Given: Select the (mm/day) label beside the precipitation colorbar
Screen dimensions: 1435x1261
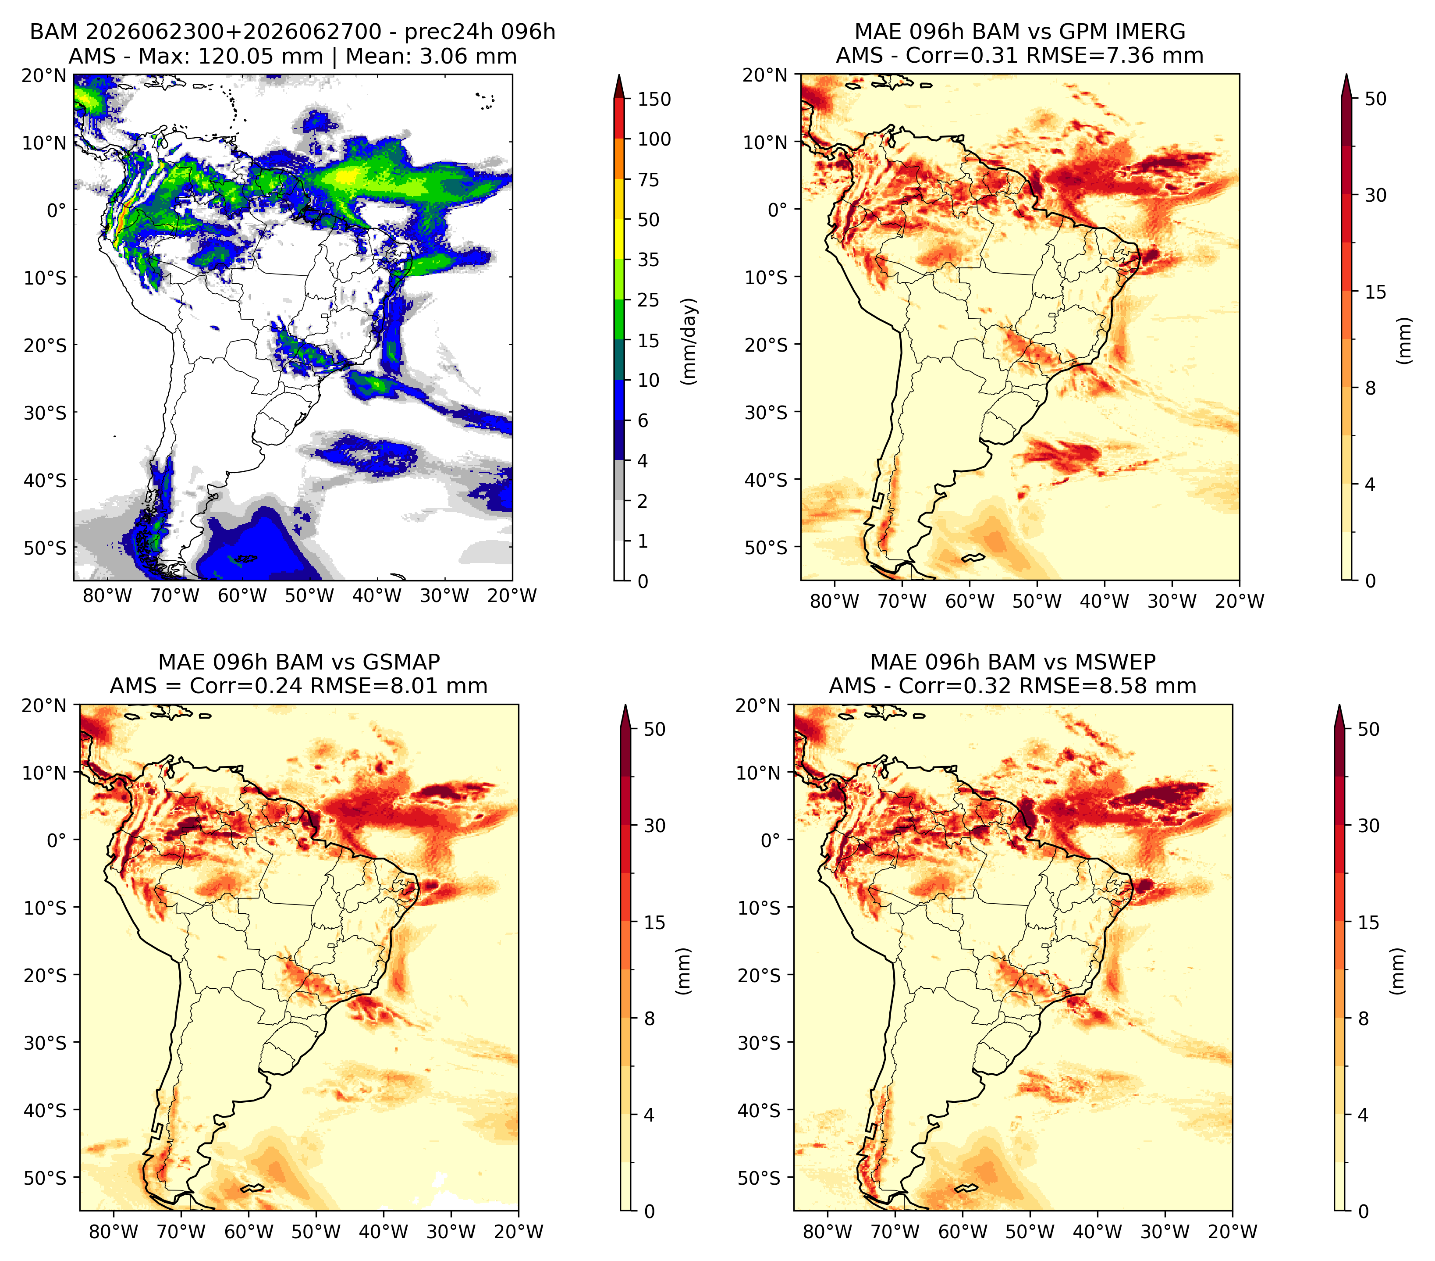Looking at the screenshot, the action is coord(689,341).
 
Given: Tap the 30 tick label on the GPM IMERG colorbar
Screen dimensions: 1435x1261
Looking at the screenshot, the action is coord(1376,195).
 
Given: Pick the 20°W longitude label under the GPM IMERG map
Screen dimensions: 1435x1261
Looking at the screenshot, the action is coord(1239,601).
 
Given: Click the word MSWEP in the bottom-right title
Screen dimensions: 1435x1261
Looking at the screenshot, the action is coord(1116,662).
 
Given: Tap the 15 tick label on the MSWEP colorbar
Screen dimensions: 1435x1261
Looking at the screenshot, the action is coord(1369,923).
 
